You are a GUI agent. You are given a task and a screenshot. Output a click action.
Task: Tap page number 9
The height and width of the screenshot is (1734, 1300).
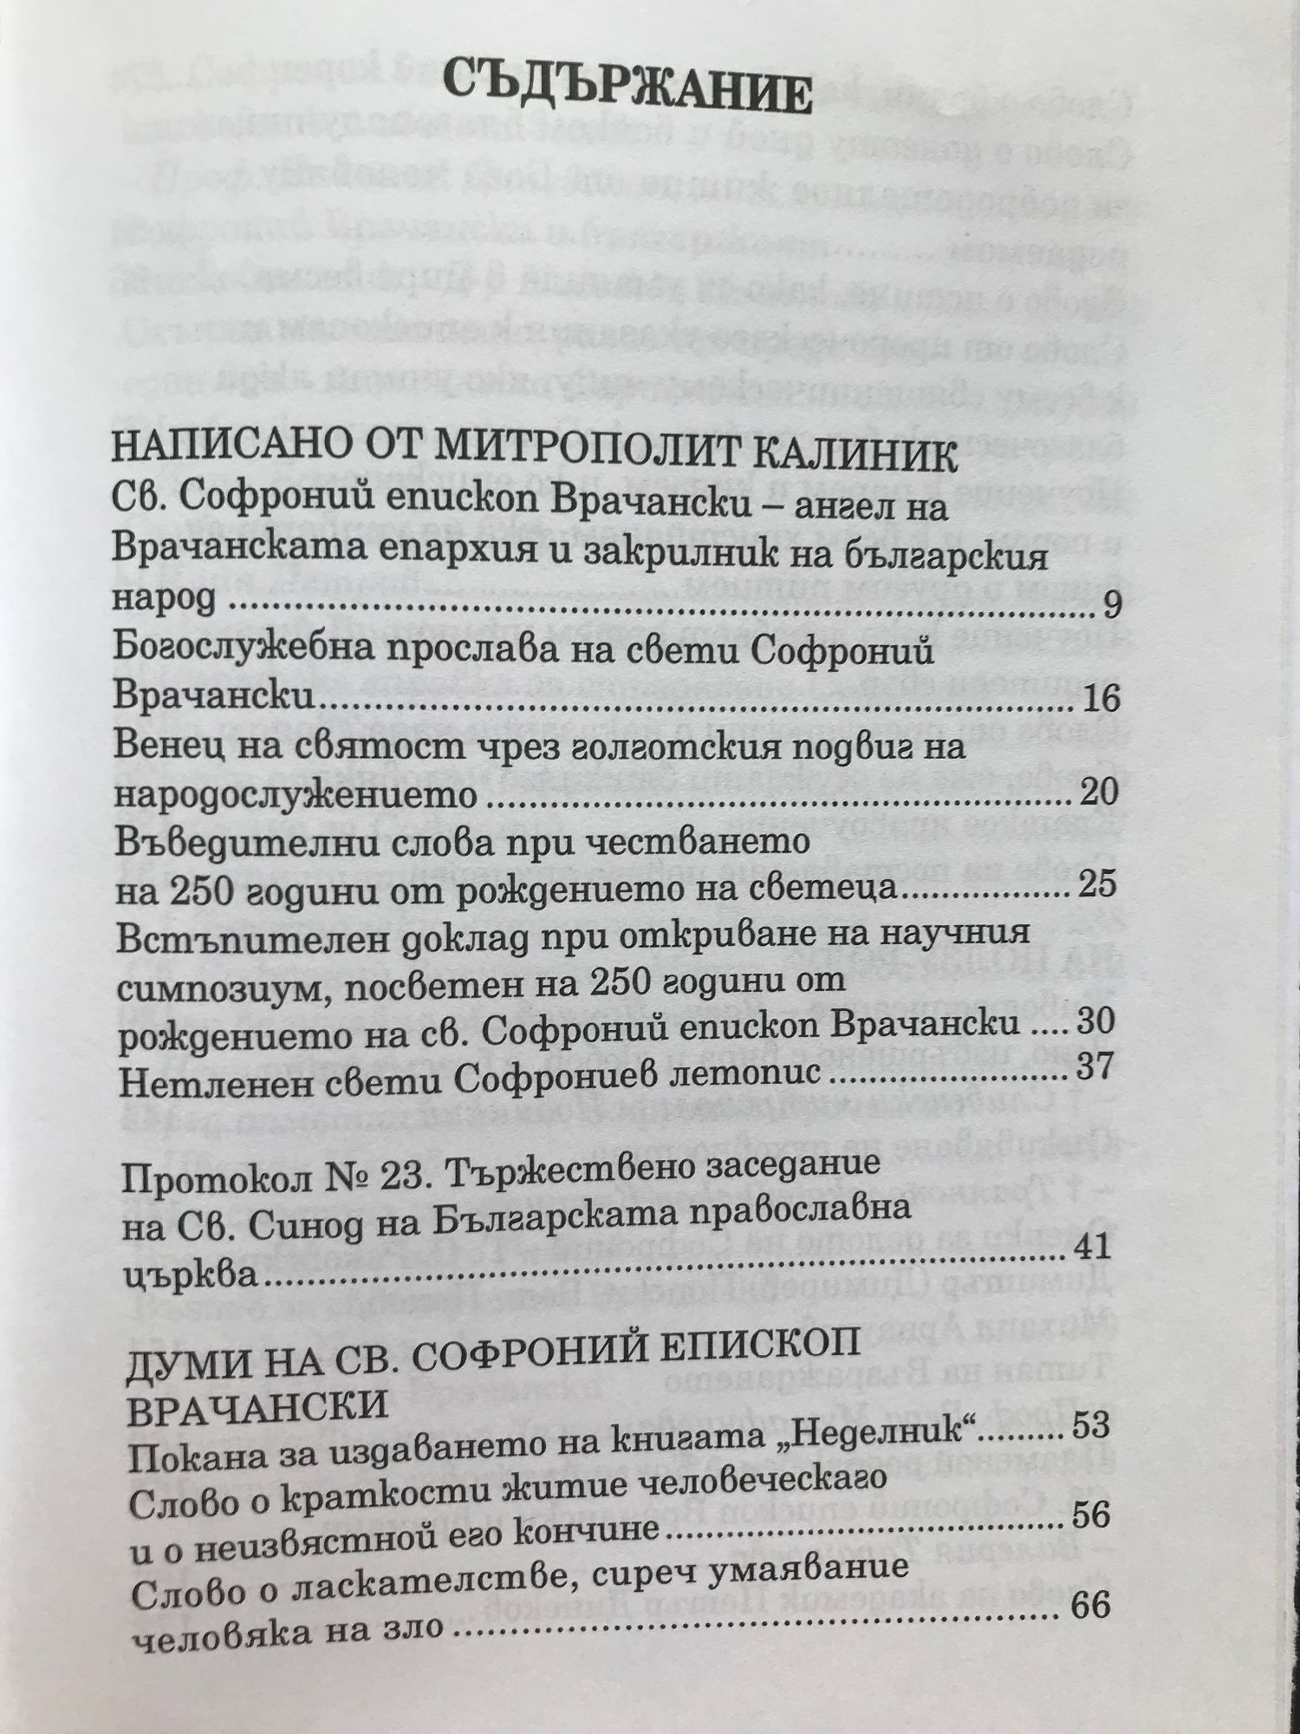point(1112,607)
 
